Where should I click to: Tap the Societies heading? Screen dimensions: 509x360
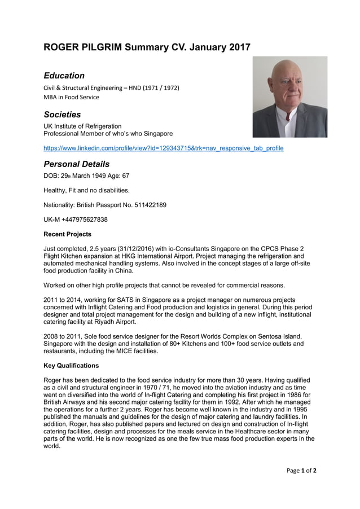(x=62, y=115)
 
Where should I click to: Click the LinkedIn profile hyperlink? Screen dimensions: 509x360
(x=164, y=148)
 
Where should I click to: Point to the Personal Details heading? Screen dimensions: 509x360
(x=77, y=164)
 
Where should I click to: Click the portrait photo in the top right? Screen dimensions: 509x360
(x=289, y=96)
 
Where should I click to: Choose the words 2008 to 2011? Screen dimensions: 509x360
(x=62, y=336)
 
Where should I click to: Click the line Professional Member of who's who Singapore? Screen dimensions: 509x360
(x=108, y=134)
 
